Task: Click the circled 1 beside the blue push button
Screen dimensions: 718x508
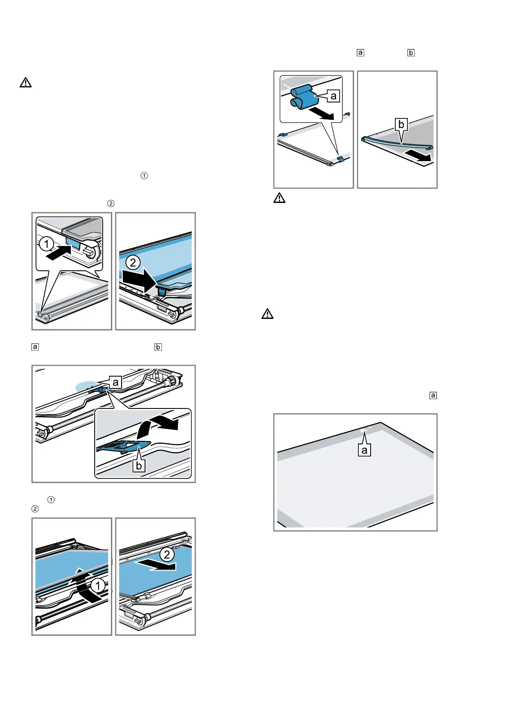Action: pos(46,244)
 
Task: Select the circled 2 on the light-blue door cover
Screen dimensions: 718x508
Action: pos(133,262)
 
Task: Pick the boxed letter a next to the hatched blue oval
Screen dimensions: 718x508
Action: pos(115,382)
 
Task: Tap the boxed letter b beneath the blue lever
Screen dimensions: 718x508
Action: pos(139,466)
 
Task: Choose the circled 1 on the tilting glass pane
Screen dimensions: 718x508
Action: pos(98,585)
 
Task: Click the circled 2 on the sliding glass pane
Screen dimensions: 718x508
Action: pos(167,554)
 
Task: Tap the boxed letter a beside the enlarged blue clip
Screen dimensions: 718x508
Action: pos(334,96)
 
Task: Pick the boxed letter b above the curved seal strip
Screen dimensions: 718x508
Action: pos(401,124)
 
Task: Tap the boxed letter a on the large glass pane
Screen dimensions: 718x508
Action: pos(364,450)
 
